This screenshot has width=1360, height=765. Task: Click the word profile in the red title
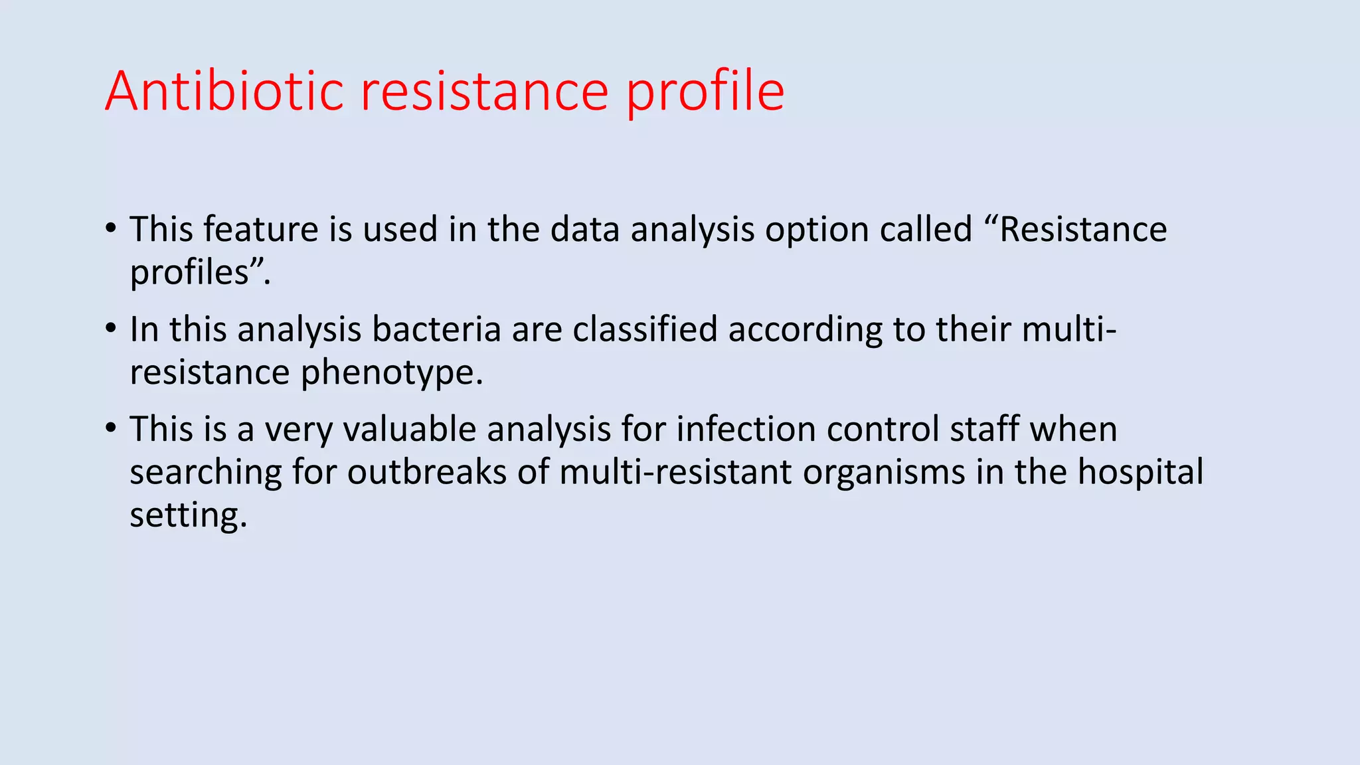[x=705, y=92]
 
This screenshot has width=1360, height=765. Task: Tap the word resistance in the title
[x=484, y=92]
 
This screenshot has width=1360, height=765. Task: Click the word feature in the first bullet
[x=260, y=229]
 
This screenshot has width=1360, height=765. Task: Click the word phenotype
[x=391, y=373]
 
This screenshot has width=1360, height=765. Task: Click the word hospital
[x=1140, y=472]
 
